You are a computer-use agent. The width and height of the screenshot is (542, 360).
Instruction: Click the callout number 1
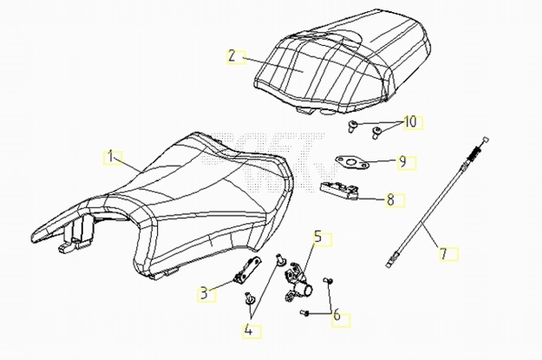tap(110, 157)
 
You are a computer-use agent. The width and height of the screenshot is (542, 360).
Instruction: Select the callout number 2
tap(232, 56)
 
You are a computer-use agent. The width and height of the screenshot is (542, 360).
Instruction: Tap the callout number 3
tap(203, 293)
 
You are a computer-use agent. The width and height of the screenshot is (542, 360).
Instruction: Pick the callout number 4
tap(248, 329)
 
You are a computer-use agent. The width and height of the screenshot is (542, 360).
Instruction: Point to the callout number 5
tap(317, 235)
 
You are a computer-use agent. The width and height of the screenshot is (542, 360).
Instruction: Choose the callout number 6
tap(337, 316)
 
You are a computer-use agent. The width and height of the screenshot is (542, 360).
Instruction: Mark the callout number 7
tap(442, 254)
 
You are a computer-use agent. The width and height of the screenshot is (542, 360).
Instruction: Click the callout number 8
tap(390, 200)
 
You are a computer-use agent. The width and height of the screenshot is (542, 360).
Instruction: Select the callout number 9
tap(402, 161)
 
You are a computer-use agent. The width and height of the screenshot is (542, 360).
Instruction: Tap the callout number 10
tap(410, 121)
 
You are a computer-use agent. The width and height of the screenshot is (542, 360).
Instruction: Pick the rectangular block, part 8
tap(341, 190)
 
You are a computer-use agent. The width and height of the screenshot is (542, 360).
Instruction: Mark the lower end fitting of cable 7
tap(395, 257)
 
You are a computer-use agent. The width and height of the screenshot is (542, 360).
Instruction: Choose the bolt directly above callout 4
tap(250, 299)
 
